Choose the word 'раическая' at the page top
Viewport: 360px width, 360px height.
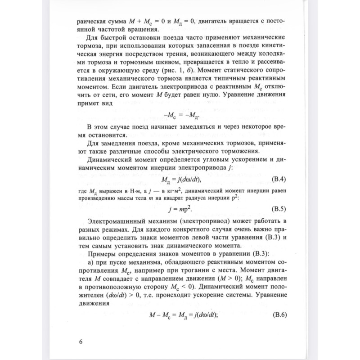[93, 21]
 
